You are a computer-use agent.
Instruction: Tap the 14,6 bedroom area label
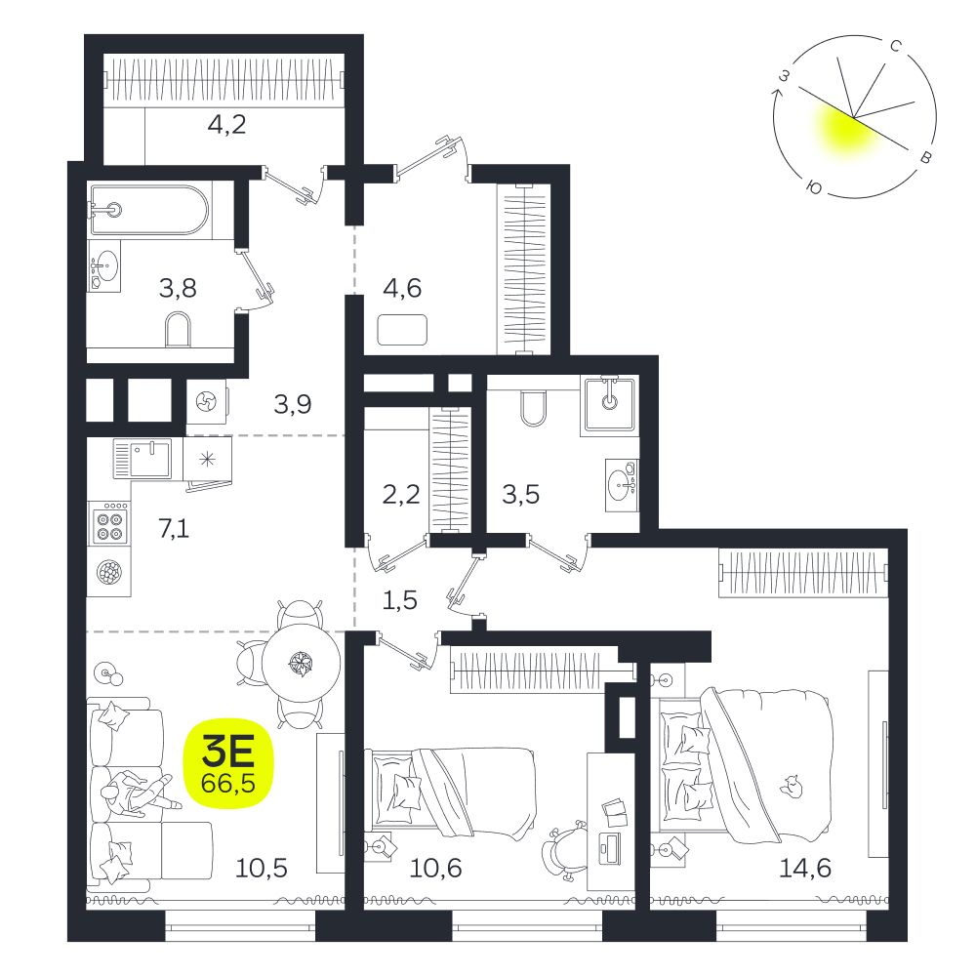point(805,867)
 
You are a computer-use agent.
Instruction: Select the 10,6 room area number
point(435,867)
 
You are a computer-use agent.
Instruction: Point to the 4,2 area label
point(226,125)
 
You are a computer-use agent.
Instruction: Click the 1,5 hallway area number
point(399,600)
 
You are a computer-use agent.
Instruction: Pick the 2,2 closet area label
point(401,495)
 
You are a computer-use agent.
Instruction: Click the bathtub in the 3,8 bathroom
point(147,208)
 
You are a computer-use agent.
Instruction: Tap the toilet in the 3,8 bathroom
point(178,329)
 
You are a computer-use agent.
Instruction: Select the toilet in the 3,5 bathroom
point(534,408)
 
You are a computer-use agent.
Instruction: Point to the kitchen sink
point(142,459)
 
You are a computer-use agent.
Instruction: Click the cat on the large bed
point(792,787)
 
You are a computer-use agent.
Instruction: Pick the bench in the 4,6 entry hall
point(403,329)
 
